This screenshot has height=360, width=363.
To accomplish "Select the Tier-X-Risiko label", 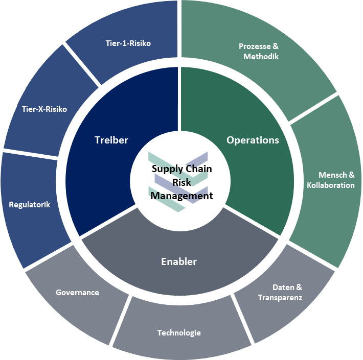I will click(44, 109).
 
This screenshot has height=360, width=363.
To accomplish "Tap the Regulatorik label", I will click(30, 205).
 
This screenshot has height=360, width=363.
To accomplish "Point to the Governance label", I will click(77, 293).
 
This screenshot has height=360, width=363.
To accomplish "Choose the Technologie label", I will click(179, 333).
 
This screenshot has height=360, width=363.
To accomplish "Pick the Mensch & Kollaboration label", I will click(330, 180).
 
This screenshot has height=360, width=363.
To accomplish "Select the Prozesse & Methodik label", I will click(259, 52).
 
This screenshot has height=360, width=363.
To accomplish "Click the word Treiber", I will click(111, 140).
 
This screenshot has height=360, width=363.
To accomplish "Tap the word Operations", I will click(253, 140).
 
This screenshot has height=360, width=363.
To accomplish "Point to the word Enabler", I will click(179, 262).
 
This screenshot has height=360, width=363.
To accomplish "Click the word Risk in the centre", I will click(181, 182).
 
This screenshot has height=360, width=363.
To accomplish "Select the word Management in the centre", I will click(181, 195).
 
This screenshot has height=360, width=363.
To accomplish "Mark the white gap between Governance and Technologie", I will click(119, 321).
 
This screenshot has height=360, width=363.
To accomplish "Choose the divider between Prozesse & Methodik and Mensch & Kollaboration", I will click(313, 108).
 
